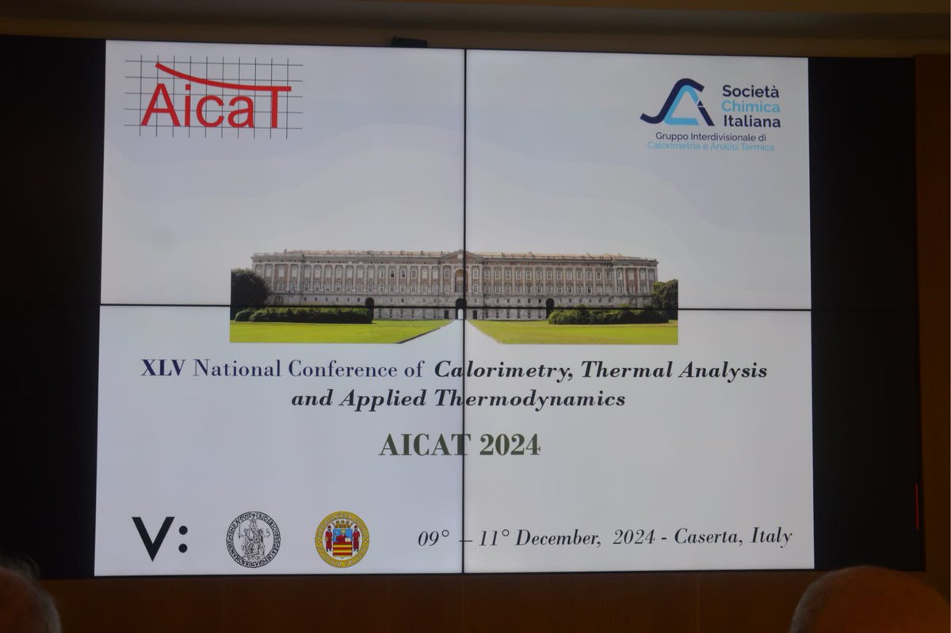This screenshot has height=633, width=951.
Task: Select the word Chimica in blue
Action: click(x=750, y=107)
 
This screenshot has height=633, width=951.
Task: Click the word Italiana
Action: click(x=750, y=122)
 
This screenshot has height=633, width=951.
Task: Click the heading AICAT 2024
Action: click(x=460, y=445)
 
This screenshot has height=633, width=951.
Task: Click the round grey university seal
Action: click(x=252, y=539)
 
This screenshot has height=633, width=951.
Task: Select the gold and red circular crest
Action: click(x=342, y=539)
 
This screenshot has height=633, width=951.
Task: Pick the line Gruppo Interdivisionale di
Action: click(x=710, y=136)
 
